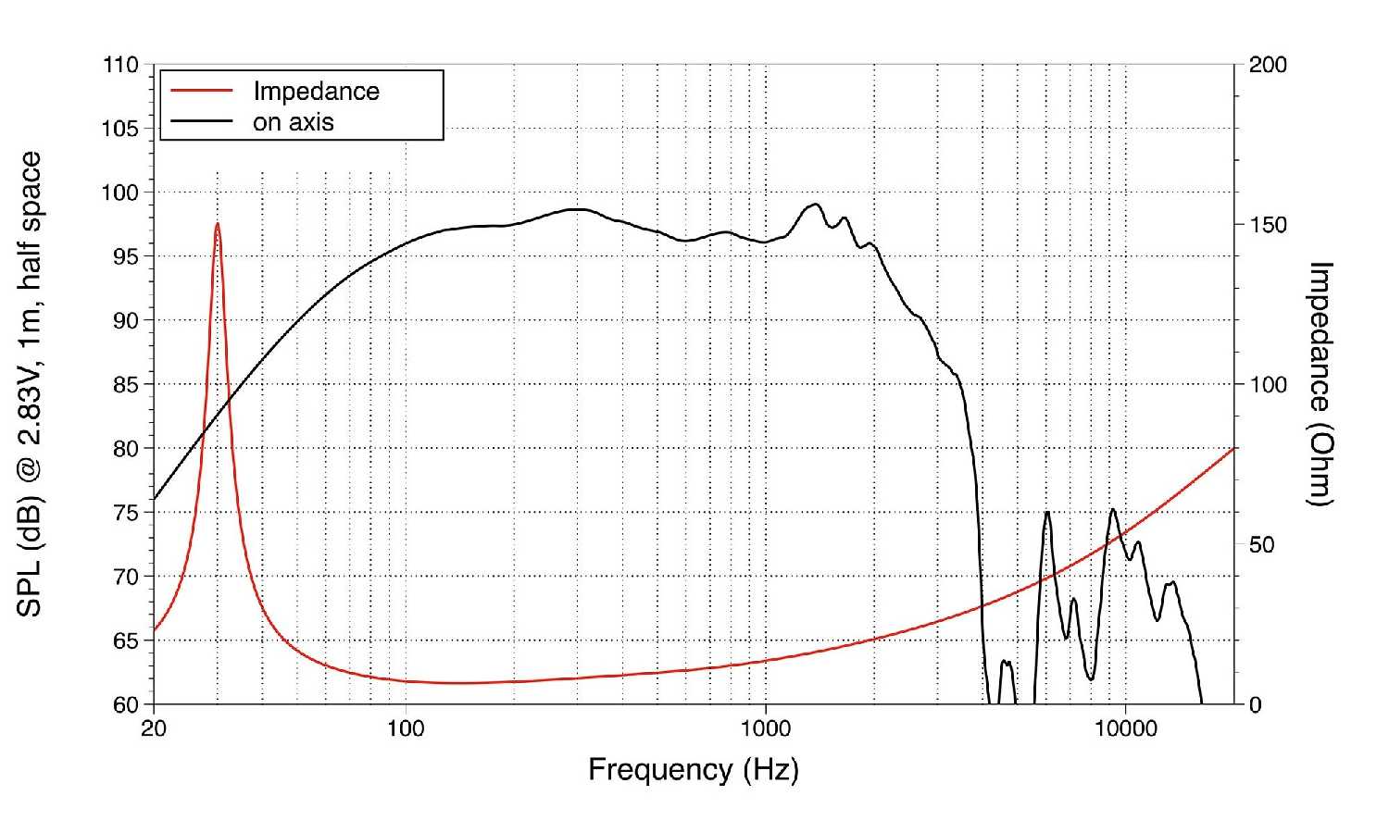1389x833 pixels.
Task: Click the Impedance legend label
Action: point(316,92)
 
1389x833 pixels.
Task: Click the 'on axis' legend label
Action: point(294,122)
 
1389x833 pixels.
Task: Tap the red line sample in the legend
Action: point(197,91)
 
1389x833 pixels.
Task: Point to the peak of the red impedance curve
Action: point(218,223)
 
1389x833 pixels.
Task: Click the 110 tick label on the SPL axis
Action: point(121,66)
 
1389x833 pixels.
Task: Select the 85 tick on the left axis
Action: point(126,384)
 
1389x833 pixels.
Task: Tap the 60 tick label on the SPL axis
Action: point(126,704)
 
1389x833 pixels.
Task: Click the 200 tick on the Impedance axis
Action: point(1268,66)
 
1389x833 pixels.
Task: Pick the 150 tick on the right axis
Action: point(1268,226)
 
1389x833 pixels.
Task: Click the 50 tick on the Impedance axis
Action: point(1262,544)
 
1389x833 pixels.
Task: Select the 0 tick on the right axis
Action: point(1256,704)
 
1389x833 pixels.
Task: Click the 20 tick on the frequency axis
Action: point(154,728)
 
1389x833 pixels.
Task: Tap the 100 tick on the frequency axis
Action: point(406,728)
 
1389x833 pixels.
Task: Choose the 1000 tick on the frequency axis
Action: point(766,728)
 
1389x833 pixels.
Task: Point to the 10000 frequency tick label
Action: point(1125,728)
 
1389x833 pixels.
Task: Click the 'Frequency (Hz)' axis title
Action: point(693,769)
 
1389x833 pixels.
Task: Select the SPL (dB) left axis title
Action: point(31,384)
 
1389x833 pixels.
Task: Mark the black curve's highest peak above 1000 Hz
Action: point(815,205)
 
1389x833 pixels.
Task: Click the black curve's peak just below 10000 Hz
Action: point(1113,509)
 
